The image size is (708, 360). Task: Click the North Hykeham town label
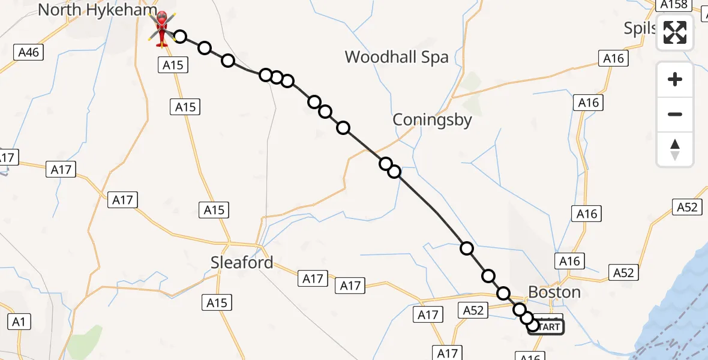[x=97, y=10]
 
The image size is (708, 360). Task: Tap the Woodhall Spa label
[x=397, y=58]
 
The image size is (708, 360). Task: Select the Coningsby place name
[x=432, y=120]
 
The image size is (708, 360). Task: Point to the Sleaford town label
[x=242, y=263]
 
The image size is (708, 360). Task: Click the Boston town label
[x=554, y=292]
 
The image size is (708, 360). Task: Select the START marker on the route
[x=546, y=327]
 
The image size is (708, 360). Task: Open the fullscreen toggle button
[x=675, y=32]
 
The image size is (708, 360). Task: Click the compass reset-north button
[x=675, y=149]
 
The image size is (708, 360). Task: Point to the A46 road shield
[x=28, y=53]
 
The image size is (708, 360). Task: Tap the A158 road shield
[x=673, y=5]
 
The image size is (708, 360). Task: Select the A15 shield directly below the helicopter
[x=173, y=65]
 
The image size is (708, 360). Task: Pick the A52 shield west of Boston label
[x=473, y=310]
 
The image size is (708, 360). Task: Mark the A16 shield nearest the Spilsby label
[x=613, y=58]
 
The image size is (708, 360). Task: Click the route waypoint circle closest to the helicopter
[x=179, y=37]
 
